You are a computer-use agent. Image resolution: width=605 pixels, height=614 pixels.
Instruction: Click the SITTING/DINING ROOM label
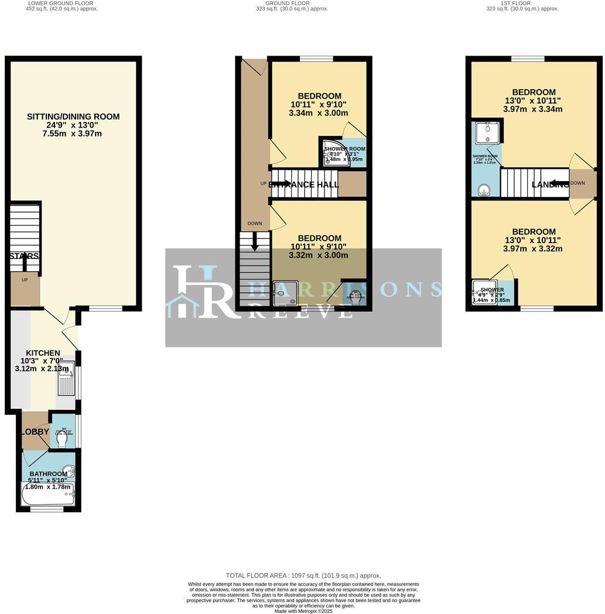73,117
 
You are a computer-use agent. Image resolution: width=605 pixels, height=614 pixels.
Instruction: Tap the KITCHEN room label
43,353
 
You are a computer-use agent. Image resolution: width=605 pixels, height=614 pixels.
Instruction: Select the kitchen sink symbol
66,379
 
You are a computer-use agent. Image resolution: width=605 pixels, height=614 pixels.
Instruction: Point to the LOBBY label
35,432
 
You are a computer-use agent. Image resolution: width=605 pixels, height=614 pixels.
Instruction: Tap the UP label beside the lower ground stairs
25,280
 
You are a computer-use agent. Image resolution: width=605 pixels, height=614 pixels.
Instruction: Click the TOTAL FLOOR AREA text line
303,575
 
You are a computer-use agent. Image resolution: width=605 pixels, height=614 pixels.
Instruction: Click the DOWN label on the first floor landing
577,183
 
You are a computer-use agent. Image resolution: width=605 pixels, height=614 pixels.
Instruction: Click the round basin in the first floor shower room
484,189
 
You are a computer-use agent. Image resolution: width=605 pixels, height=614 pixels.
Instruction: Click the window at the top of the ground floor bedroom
316,58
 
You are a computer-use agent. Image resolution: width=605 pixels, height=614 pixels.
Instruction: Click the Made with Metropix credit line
303,611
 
